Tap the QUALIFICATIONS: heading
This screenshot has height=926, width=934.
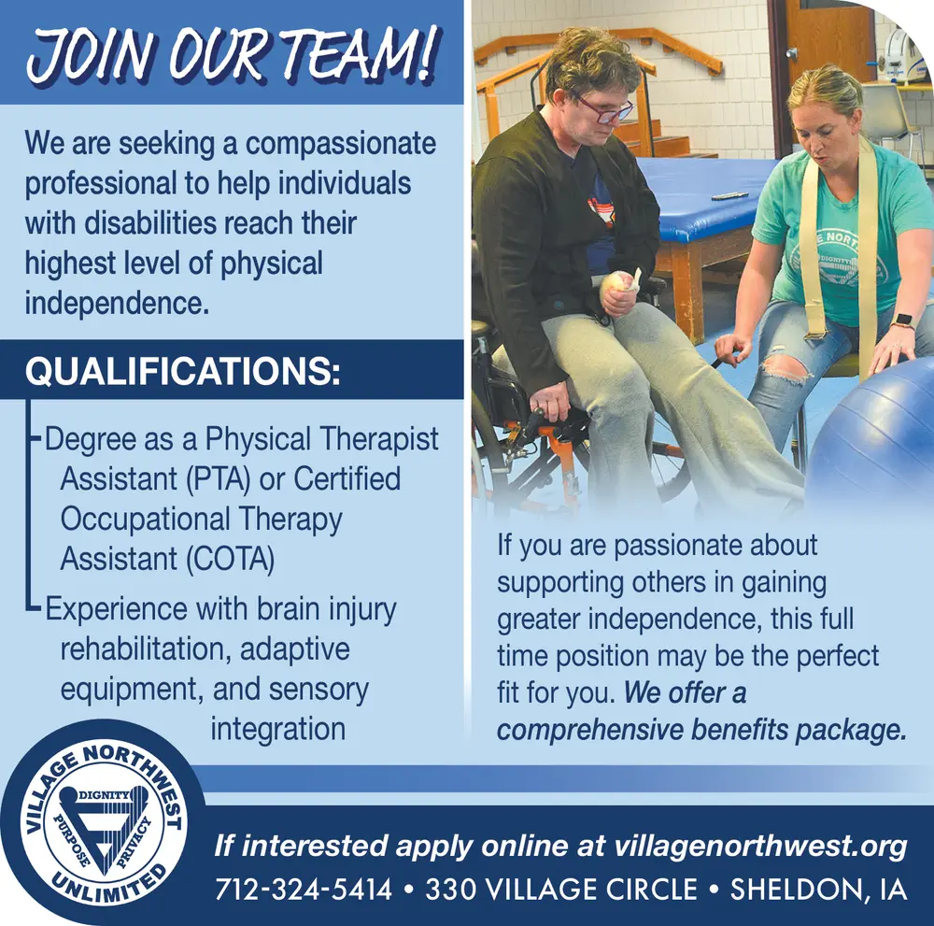coord(181,371)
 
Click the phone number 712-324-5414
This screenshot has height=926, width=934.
coord(303,889)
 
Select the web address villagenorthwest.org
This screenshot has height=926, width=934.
coord(761,847)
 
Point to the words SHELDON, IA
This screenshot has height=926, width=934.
coord(818,889)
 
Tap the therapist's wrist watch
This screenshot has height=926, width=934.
coord(902,321)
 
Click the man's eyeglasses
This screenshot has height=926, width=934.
coord(604,111)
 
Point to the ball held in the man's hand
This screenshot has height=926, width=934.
coord(617,283)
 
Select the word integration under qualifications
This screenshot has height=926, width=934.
coord(277,729)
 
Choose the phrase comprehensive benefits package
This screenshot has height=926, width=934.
coord(700,730)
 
